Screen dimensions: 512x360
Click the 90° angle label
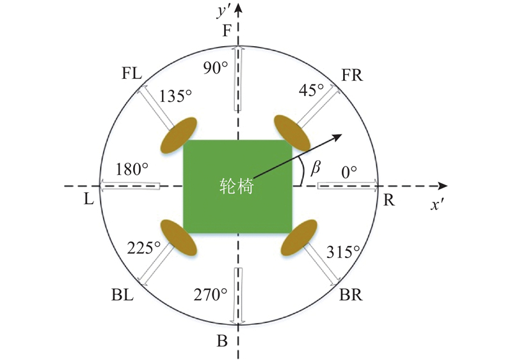[x=216, y=68]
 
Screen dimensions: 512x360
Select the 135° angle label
[x=175, y=96]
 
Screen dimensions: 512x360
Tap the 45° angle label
[x=311, y=90]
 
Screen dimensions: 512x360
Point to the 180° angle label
[x=132, y=169]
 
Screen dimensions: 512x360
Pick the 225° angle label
[x=143, y=249]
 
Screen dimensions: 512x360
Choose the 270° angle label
[x=211, y=295]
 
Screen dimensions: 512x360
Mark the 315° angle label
[x=343, y=252]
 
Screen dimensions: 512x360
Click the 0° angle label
[x=349, y=172]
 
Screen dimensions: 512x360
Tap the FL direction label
[x=132, y=74]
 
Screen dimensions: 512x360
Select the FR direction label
[x=352, y=75]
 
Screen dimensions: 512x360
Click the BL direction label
[x=122, y=295]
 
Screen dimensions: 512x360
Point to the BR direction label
[x=351, y=295]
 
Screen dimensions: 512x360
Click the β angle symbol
[x=315, y=168]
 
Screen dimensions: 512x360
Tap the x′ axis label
[x=437, y=205]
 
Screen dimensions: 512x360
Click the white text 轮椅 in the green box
[x=236, y=186]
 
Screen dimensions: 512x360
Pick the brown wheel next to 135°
[x=179, y=135]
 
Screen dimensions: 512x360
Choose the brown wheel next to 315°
[x=299, y=238]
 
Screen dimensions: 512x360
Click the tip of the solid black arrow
[x=342, y=135]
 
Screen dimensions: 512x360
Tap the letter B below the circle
[x=222, y=341]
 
